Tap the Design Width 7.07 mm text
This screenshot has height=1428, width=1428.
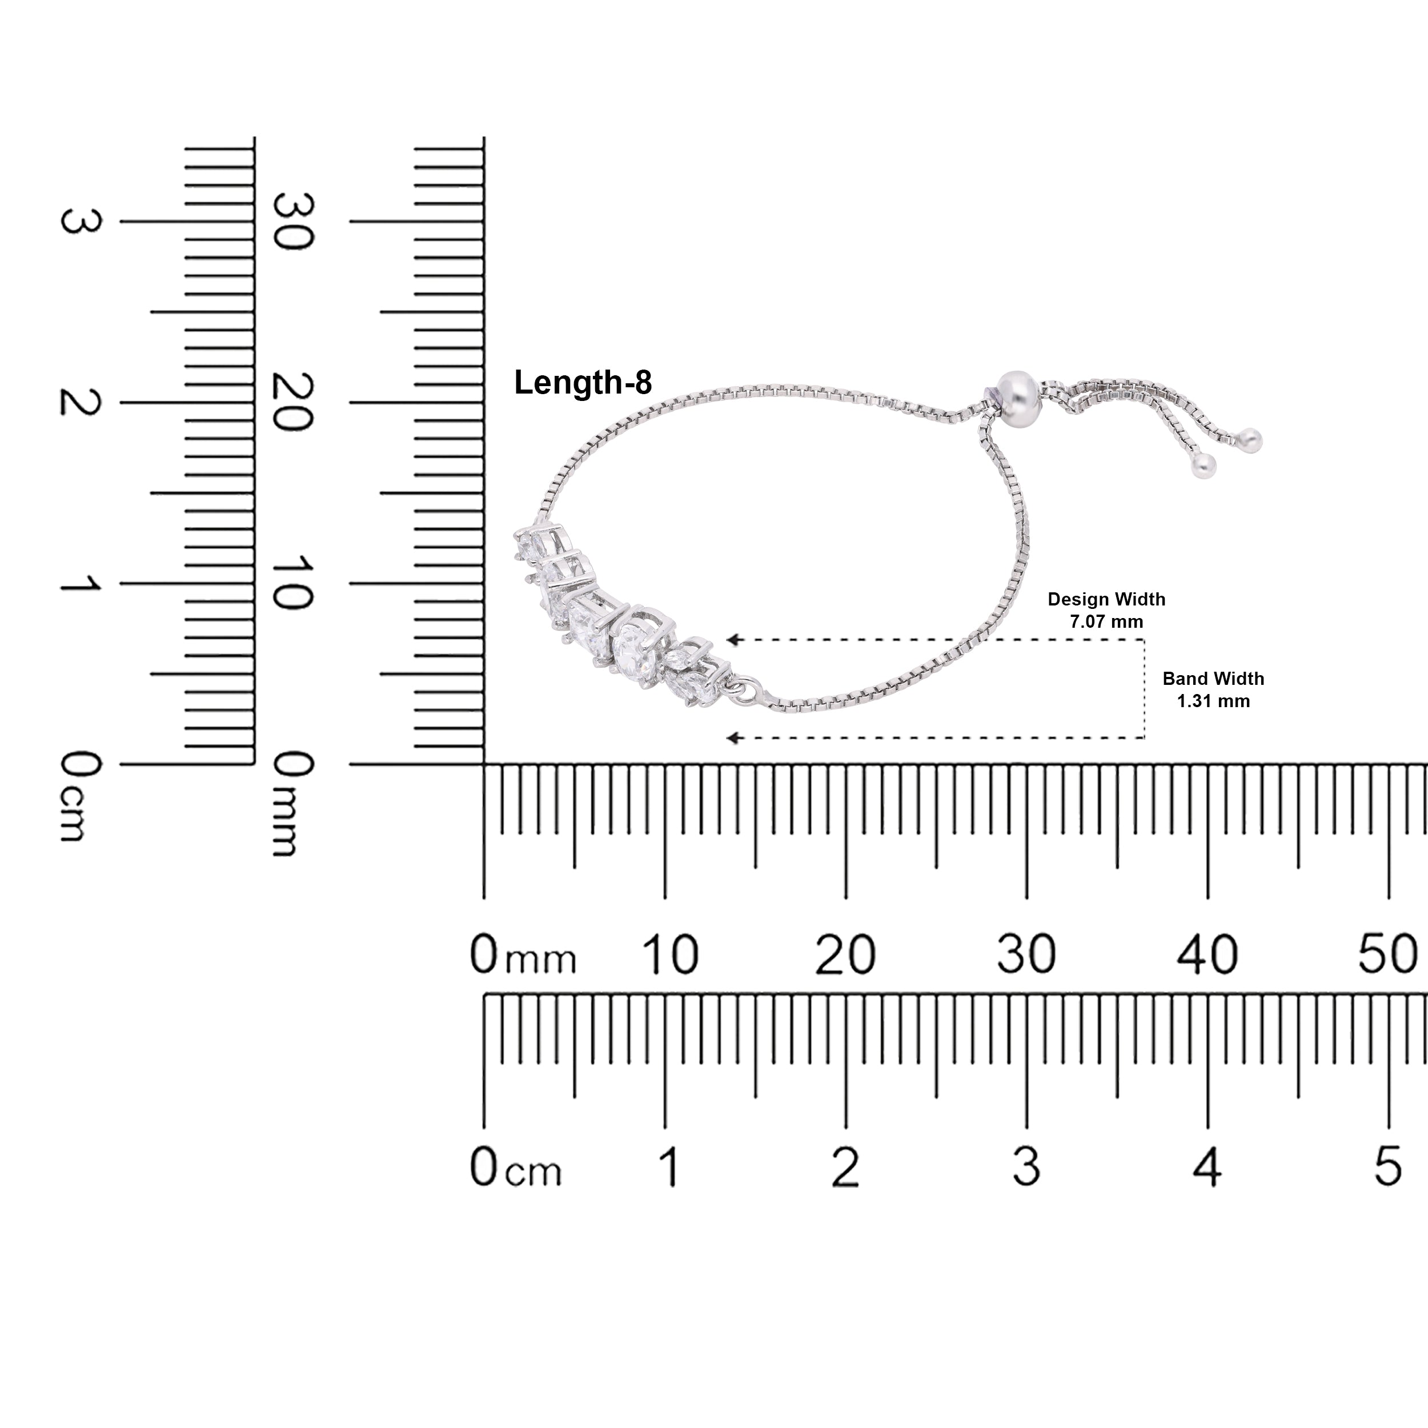[x=1106, y=610]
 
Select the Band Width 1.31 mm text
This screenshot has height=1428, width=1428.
[x=1213, y=689]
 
